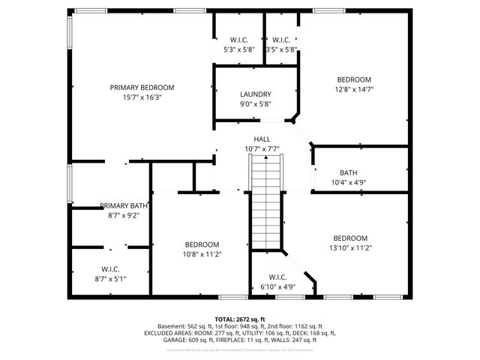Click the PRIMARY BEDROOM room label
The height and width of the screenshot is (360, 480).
pyautogui.click(x=142, y=87)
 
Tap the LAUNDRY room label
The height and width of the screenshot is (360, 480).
pyautogui.click(x=255, y=94)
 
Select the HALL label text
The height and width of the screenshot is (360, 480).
pyautogui.click(x=262, y=139)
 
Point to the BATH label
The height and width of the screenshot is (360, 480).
pyautogui.click(x=348, y=172)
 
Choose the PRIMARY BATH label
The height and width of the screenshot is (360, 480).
pyautogui.click(x=124, y=205)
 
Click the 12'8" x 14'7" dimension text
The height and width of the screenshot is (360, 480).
pyautogui.click(x=354, y=89)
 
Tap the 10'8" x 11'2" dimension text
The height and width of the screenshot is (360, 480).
pyautogui.click(x=202, y=254)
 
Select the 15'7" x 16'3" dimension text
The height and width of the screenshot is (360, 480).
pyautogui.click(x=142, y=97)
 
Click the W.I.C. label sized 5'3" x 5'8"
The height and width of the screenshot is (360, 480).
pyautogui.click(x=239, y=40)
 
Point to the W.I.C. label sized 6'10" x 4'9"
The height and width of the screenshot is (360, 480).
pyautogui.click(x=277, y=277)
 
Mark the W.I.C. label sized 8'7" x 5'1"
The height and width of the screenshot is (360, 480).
pyautogui.click(x=110, y=269)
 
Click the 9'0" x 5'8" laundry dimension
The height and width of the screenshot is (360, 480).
pyautogui.click(x=255, y=104)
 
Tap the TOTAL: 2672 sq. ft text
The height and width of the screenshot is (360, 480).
pyautogui.click(x=239, y=319)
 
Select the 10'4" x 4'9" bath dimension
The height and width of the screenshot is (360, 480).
pyautogui.click(x=348, y=182)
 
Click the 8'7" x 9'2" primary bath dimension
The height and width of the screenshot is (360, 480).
pyautogui.click(x=124, y=215)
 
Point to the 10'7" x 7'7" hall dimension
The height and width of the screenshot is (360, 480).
pyautogui.click(x=262, y=149)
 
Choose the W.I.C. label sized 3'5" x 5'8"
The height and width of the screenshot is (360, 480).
pyautogui.click(x=281, y=40)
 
